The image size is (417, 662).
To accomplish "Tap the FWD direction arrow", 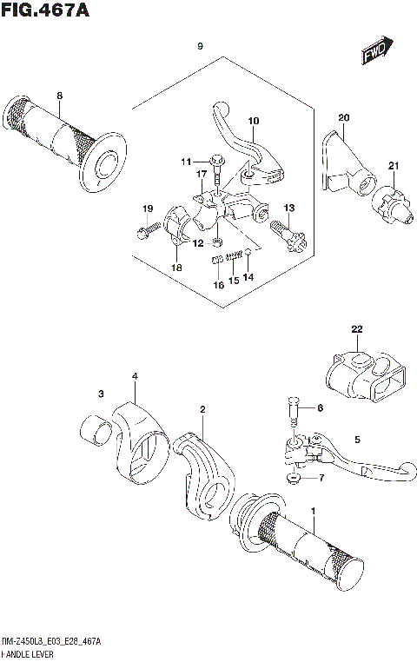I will click(x=376, y=52).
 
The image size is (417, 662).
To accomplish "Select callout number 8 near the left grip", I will click(x=59, y=96).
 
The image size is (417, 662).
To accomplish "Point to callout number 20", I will click(x=343, y=117).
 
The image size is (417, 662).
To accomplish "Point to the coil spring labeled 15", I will click(x=233, y=257).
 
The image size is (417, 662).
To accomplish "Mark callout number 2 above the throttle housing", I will click(x=202, y=408).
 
